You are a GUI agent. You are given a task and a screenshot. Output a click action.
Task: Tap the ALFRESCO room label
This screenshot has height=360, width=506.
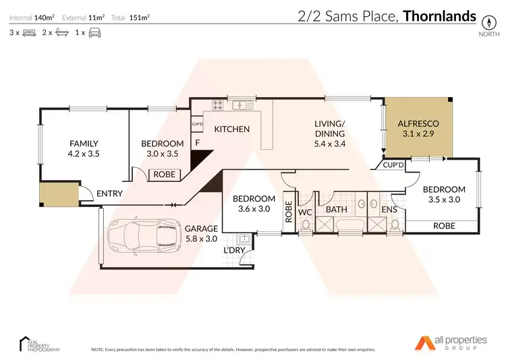(418, 124)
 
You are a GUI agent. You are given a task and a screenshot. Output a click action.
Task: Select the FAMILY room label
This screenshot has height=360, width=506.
(84, 144)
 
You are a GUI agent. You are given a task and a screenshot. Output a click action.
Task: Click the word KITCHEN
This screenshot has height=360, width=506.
(232, 129)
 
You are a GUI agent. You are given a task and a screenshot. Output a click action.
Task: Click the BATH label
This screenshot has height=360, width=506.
(336, 210)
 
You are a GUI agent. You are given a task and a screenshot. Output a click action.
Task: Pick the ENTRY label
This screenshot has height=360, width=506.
(110, 193)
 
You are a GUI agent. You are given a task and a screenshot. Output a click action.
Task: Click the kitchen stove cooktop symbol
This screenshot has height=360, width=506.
(219, 104)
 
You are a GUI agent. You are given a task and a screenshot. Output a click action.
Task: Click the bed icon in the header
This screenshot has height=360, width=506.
(29, 32)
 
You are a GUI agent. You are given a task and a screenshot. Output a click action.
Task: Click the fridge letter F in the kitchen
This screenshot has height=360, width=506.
(198, 143)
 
